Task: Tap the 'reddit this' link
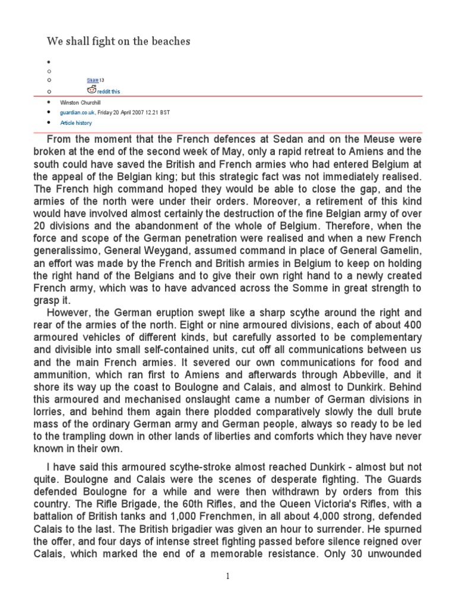[x=110, y=92]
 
